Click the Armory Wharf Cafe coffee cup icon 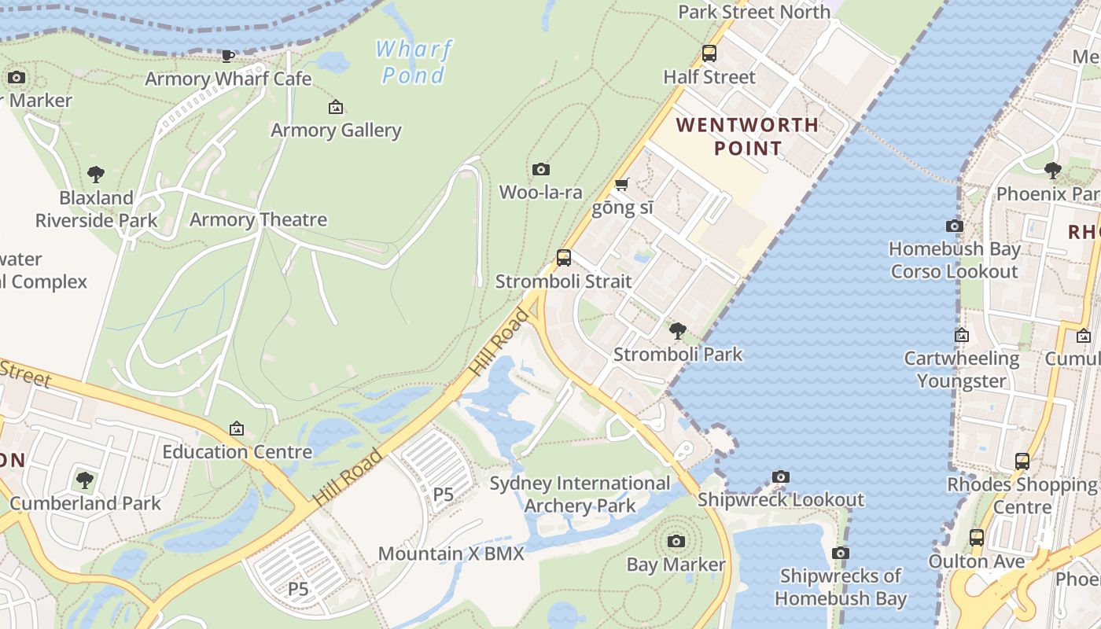[228, 55]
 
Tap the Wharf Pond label [414, 62]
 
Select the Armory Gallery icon [336, 107]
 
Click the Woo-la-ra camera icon [541, 169]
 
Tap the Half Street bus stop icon [709, 53]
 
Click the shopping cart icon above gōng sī [622, 185]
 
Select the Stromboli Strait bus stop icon [564, 258]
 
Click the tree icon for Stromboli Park [677, 330]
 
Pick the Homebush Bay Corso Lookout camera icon [955, 226]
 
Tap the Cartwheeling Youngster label [961, 370]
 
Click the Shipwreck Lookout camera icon [781, 476]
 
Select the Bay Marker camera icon [676, 541]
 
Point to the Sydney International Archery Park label [580, 494]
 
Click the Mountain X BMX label [451, 554]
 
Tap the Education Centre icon [237, 429]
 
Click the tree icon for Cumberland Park [85, 480]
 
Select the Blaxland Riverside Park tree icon [96, 174]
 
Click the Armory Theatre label [258, 219]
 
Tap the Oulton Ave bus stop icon [977, 538]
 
